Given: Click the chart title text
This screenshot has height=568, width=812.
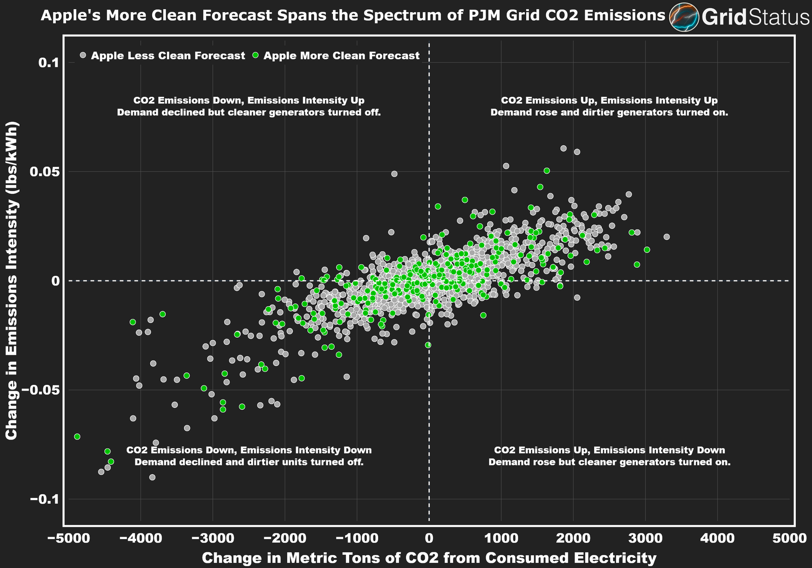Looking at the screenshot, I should [353, 16].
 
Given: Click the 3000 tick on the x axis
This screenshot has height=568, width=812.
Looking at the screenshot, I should [645, 538].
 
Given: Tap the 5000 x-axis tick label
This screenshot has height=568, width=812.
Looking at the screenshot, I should [789, 538].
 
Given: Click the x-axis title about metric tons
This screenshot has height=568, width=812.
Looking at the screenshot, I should [429, 558].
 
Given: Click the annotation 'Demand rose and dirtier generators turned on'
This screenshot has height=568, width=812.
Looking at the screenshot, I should [609, 113].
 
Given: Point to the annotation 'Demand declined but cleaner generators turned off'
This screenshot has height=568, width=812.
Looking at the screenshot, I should [249, 113].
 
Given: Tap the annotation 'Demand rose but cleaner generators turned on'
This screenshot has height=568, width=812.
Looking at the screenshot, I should [609, 463].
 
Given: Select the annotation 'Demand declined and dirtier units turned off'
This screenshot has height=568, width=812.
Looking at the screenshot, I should [249, 463].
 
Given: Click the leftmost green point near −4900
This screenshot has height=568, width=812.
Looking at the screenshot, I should [77, 437].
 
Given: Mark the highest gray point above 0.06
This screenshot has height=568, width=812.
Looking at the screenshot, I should [563, 149].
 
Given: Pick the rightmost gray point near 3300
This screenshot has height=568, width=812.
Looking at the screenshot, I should [666, 237].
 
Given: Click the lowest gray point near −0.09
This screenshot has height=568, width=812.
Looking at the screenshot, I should [152, 477].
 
